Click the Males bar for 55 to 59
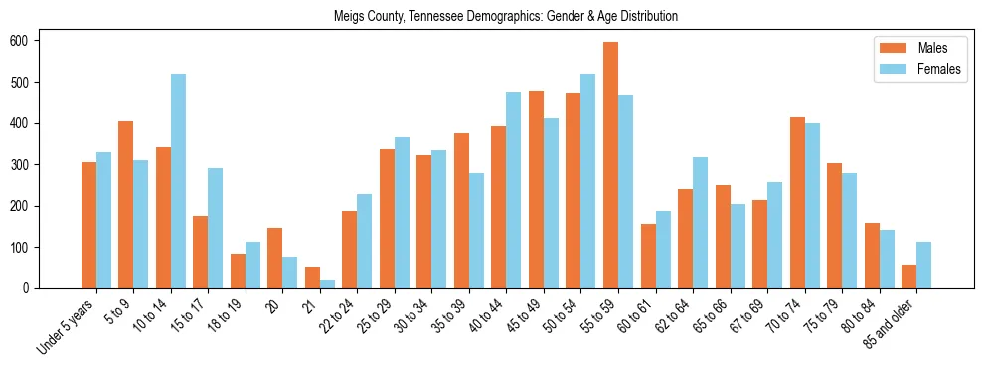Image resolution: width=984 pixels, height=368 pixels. pyautogui.click(x=610, y=165)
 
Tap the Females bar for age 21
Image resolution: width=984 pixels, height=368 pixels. pyautogui.click(x=327, y=284)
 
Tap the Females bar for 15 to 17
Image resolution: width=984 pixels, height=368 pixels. pyautogui.click(x=216, y=228)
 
